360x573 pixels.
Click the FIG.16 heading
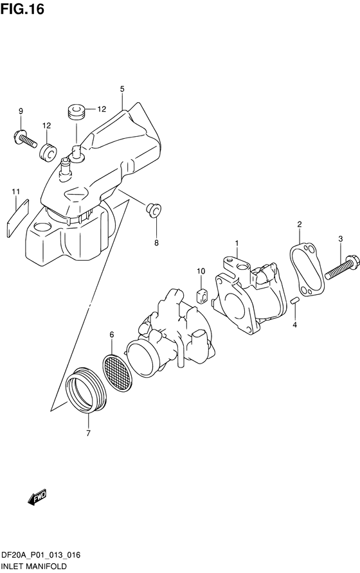[22, 9]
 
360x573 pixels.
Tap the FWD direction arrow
[37, 497]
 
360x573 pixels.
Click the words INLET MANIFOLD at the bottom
[33, 567]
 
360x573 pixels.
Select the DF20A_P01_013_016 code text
[40, 556]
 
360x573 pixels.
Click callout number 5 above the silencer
[122, 89]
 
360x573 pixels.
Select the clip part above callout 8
[154, 210]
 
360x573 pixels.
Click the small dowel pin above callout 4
[295, 301]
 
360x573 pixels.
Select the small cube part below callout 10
[203, 295]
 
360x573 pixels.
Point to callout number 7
[88, 434]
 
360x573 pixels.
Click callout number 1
[237, 243]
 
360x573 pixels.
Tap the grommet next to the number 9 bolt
[48, 152]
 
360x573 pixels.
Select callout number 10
[201, 271]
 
